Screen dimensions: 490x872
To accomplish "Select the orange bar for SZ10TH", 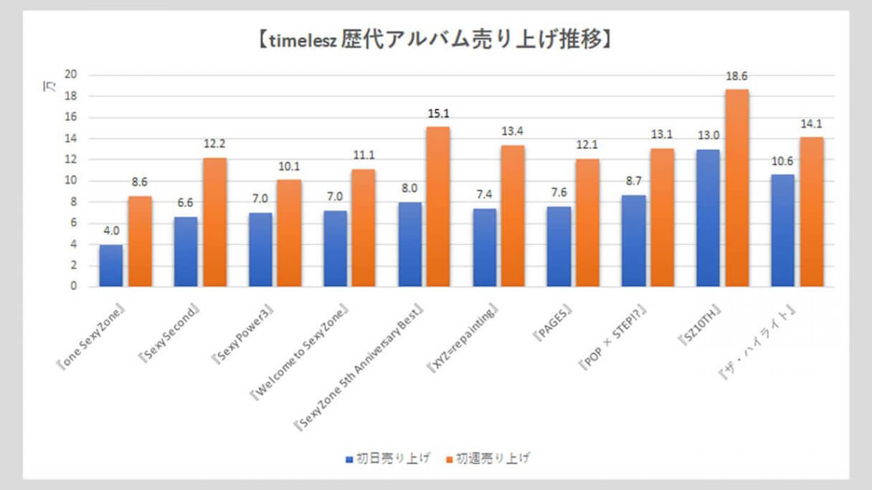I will [737, 188].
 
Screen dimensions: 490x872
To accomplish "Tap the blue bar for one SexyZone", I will [111, 266].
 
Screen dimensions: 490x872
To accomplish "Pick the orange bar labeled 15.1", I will [439, 206].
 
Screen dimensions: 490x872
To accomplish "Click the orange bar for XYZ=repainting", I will [513, 216].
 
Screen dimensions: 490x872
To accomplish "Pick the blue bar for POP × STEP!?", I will [633, 241].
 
